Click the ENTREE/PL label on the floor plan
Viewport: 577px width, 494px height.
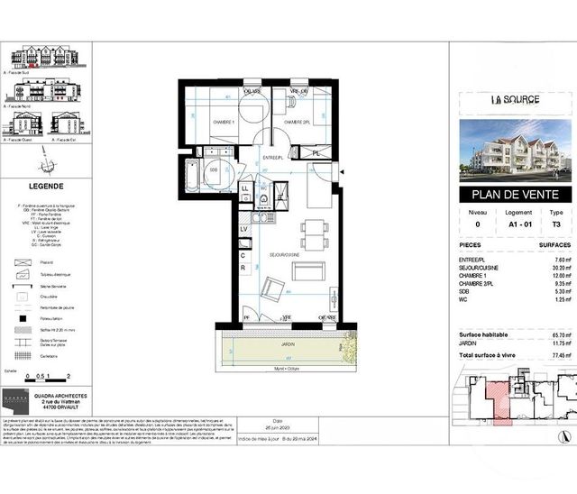[273, 158]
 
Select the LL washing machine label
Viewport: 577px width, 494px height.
[244, 188]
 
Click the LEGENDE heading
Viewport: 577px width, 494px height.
[46, 186]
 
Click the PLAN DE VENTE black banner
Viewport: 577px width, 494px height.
[515, 195]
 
